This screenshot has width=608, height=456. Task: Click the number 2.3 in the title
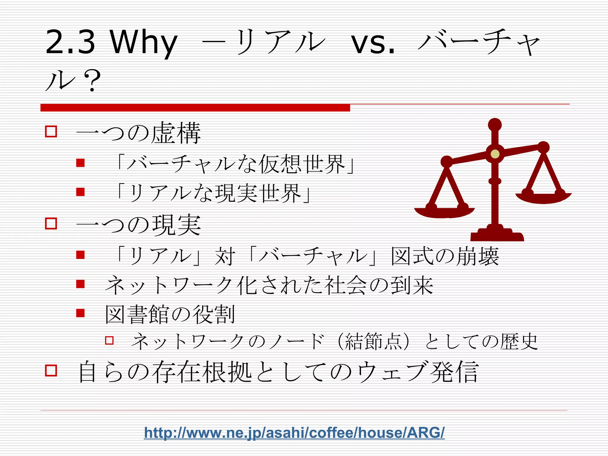click(x=70, y=42)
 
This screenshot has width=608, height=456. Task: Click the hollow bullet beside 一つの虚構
click(x=51, y=131)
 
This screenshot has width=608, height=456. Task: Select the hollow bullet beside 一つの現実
click(x=51, y=223)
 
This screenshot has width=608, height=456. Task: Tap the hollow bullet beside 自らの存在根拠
click(x=51, y=370)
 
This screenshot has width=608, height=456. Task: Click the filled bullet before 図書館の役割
click(x=80, y=313)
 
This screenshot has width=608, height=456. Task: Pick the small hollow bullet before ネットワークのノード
click(x=109, y=340)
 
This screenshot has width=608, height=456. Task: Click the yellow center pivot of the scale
click(x=495, y=154)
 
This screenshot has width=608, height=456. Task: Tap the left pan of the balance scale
click(x=444, y=212)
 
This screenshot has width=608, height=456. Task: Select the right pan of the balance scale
click(x=544, y=198)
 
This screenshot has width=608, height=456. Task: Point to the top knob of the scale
click(x=495, y=124)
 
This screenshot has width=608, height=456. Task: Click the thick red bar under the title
click(x=195, y=108)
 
